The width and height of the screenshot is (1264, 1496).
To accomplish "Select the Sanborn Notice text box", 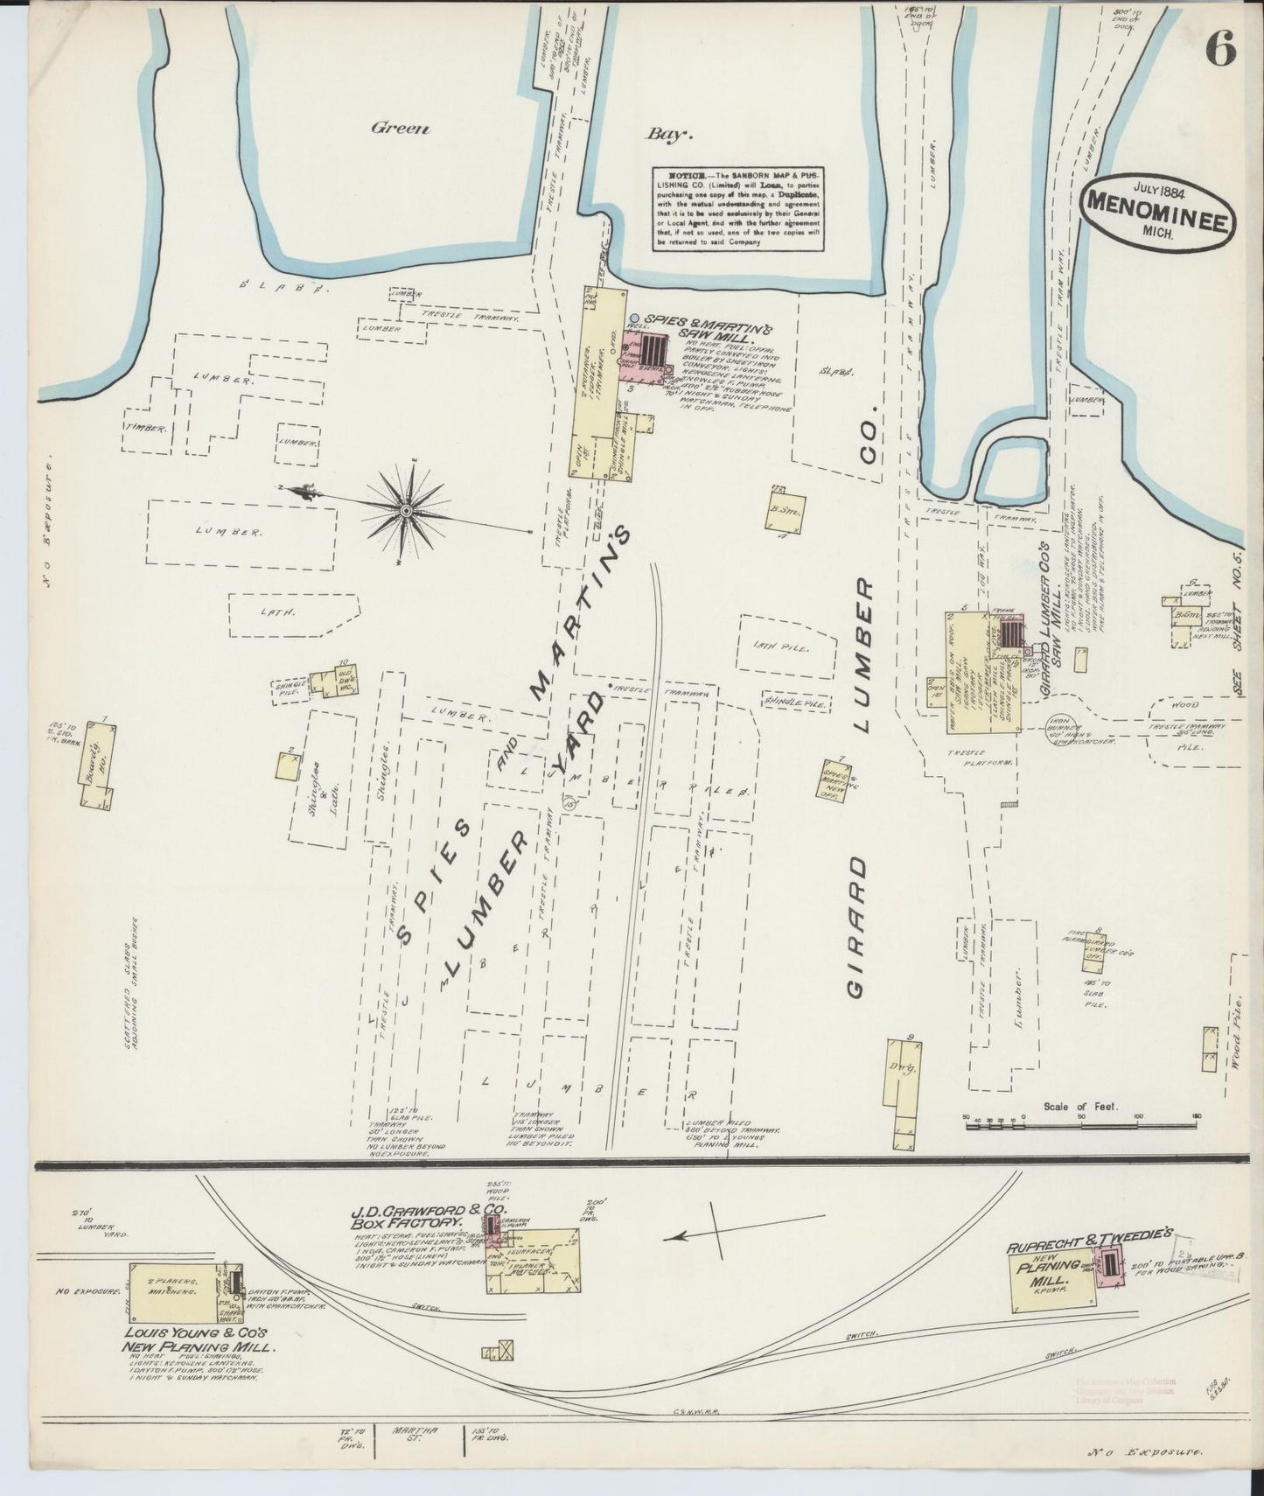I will (739, 208).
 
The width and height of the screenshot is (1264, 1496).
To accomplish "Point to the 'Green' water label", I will (401, 129).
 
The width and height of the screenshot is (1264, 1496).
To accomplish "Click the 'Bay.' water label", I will (669, 135).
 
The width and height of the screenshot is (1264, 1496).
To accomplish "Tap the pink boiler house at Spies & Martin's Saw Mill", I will (647, 354).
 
